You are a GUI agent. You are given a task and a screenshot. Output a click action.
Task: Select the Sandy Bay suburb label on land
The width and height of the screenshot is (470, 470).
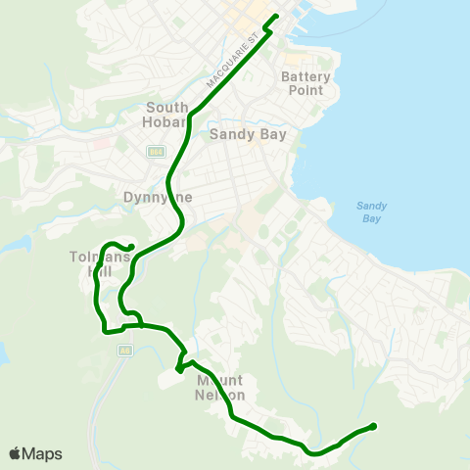click(x=249, y=135)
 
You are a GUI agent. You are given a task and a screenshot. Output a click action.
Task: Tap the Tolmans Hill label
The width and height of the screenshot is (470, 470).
click(x=93, y=263)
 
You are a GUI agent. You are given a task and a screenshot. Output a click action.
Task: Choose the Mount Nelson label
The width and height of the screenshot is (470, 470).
click(x=220, y=388)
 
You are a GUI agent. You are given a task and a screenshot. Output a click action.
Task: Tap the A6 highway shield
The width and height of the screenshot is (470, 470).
click(x=124, y=350)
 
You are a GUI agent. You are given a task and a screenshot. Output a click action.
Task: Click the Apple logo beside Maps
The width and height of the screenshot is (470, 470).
click(x=15, y=453)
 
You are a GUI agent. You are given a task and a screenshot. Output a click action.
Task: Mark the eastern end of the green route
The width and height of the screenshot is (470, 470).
click(x=373, y=426)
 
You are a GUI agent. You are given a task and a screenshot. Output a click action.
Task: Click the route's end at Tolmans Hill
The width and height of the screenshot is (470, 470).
click(x=132, y=247)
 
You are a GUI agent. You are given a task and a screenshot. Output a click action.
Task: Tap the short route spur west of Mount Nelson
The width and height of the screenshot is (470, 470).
click(x=178, y=369)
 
